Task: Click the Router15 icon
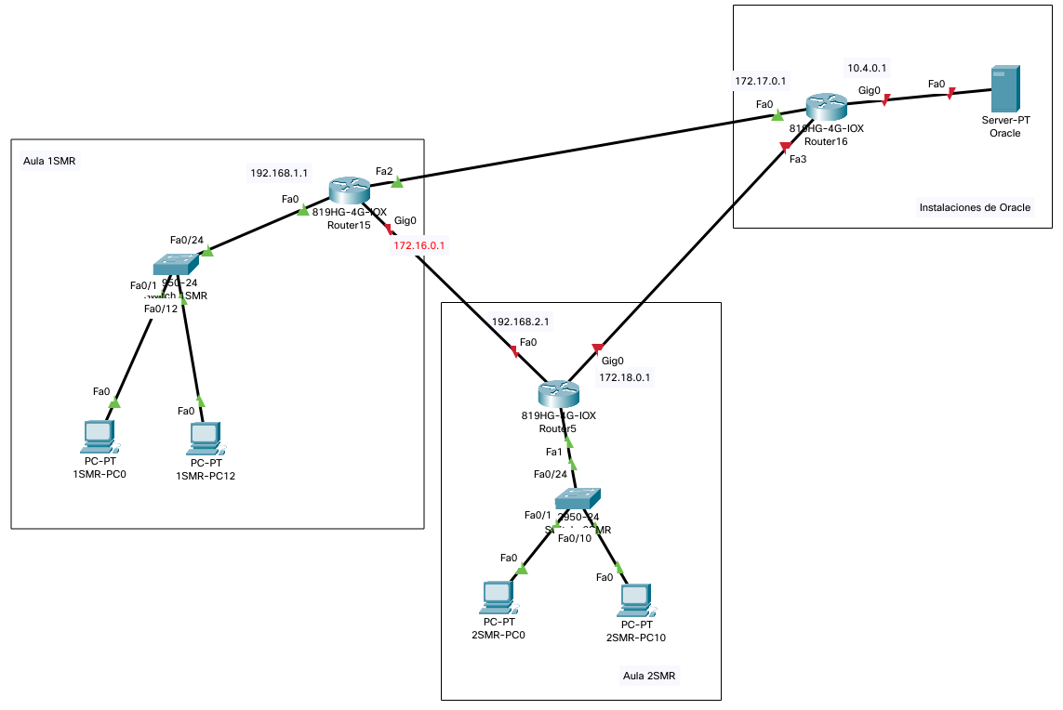coord(350,191)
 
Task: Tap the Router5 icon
coord(558,394)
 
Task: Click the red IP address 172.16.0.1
coord(420,246)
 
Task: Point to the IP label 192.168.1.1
coord(279,173)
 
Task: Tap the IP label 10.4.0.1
coord(867,68)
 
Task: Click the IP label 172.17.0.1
coord(761,81)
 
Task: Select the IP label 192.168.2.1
coord(520,322)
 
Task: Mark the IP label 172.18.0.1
coord(625,377)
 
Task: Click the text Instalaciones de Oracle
coord(974,207)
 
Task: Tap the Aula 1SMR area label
coord(48,161)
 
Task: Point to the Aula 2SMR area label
coord(650,676)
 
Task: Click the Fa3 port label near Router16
coord(798,160)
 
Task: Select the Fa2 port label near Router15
coord(384,171)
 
